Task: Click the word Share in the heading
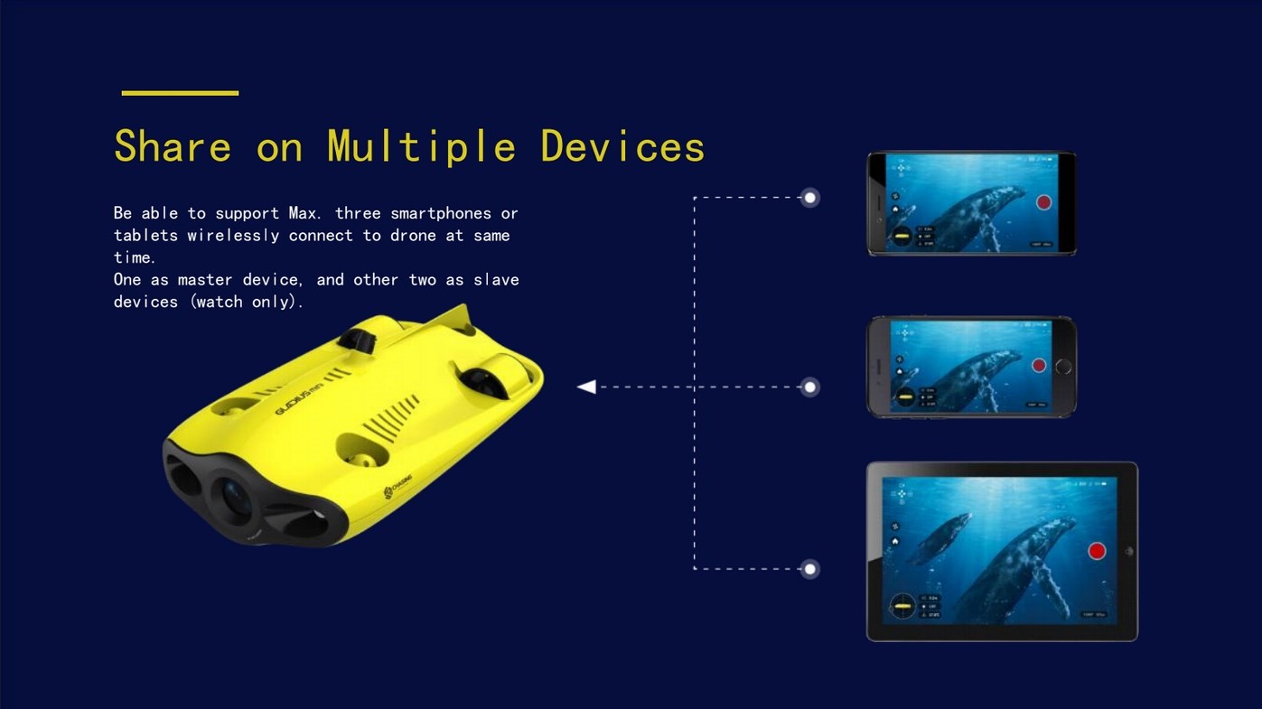173,146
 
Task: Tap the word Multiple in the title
421,146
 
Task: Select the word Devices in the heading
622,146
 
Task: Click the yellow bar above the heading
180,93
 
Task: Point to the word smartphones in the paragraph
441,213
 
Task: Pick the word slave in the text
496,280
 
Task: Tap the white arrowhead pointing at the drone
587,387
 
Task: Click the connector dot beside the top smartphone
810,198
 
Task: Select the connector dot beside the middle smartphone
810,387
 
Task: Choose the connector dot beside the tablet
810,569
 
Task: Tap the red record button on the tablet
1097,551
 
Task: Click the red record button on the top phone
1043,202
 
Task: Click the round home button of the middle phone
1063,367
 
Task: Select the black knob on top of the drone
358,341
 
